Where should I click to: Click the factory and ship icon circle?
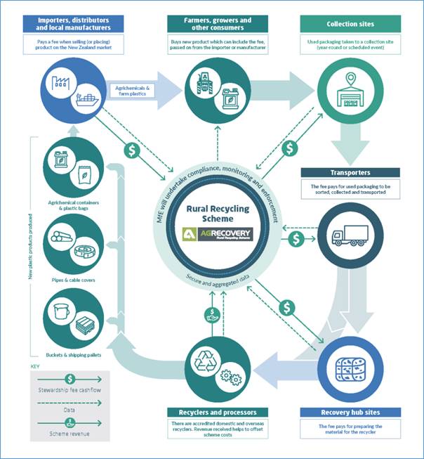pos(72,90)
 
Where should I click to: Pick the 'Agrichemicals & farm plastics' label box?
pos(129,90)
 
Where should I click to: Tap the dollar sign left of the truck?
pos(298,239)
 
